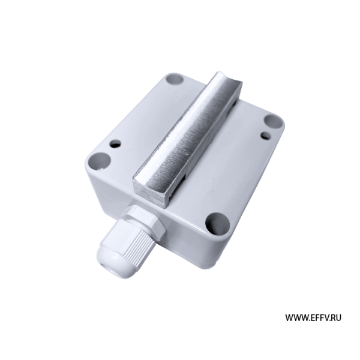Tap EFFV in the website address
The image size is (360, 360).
pyautogui.click(x=317, y=318)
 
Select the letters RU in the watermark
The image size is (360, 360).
pyautogui.click(x=335, y=318)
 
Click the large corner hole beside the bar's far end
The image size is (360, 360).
pyautogui.click(x=175, y=79)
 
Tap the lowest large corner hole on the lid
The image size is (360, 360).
pyautogui.click(x=217, y=224)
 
